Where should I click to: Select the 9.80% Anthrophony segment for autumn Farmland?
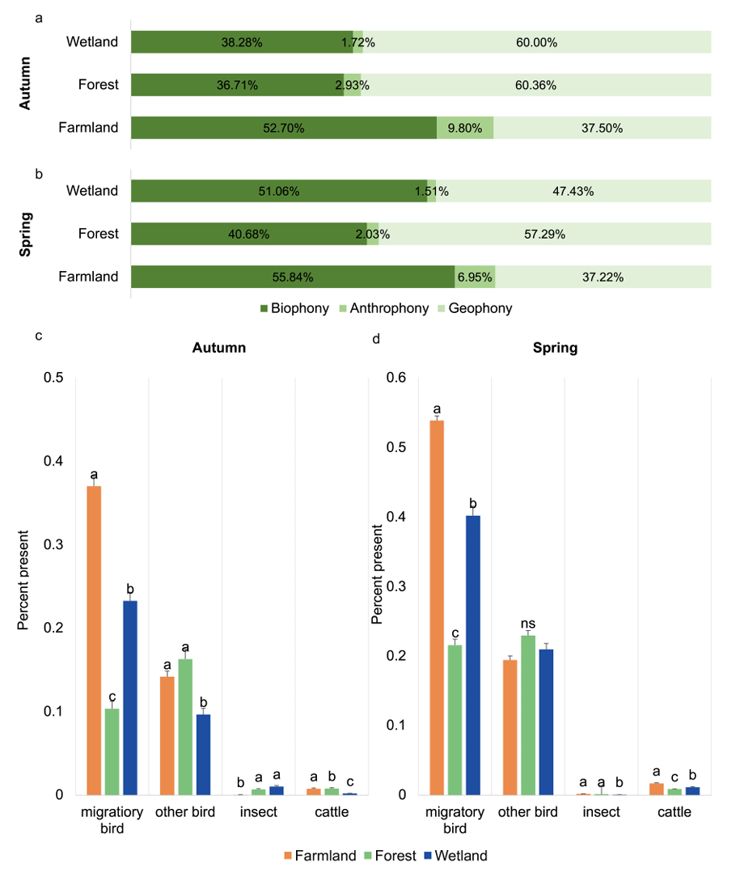[465, 128]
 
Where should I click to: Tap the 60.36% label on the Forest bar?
[536, 85]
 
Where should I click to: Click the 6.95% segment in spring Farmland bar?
[475, 277]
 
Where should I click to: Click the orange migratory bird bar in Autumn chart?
[95, 639]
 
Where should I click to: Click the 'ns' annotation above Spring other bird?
[528, 624]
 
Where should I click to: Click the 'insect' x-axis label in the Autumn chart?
[259, 812]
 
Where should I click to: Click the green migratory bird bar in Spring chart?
[455, 719]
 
